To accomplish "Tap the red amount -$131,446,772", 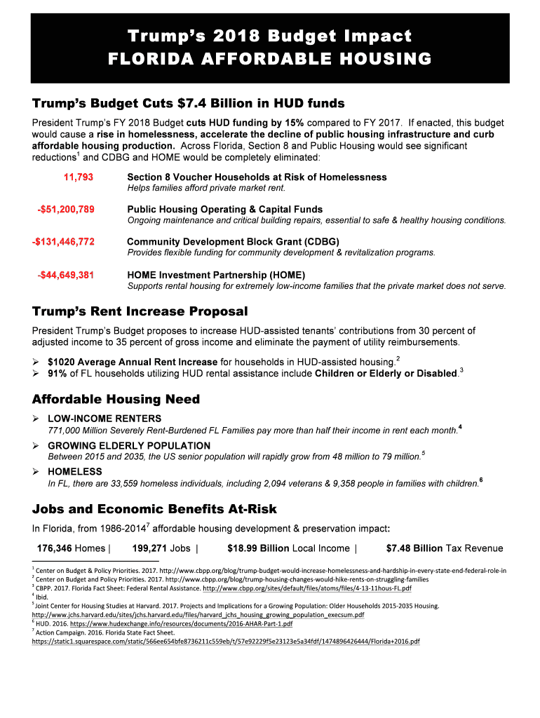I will click(63, 241).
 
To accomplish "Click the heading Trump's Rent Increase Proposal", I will click(140, 311).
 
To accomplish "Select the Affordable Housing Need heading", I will click(116, 399).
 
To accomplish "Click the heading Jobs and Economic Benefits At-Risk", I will click(154, 508).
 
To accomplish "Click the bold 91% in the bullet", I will click(57, 373).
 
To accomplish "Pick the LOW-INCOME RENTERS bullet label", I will click(104, 419).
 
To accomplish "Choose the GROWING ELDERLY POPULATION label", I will click(128, 446).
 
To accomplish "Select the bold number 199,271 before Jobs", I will click(150, 548).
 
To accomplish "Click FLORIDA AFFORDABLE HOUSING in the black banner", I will click(270, 59).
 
